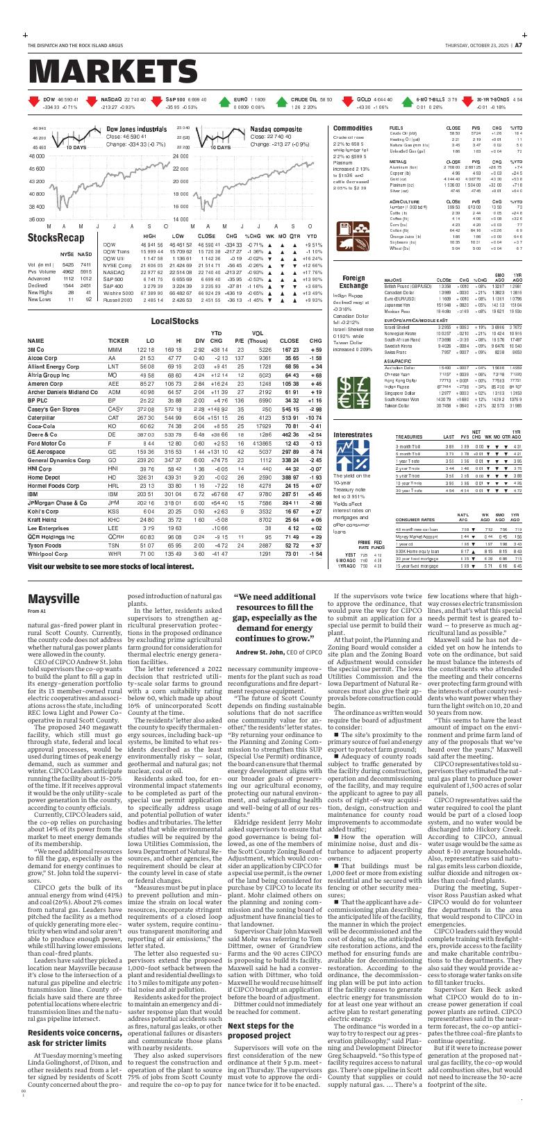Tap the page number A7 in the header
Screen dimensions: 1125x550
click(x=518, y=46)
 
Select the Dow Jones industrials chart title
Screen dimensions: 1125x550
click(x=136, y=129)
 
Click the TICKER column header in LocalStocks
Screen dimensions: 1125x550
click(x=118, y=341)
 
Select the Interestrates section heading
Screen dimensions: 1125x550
click(x=353, y=434)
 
